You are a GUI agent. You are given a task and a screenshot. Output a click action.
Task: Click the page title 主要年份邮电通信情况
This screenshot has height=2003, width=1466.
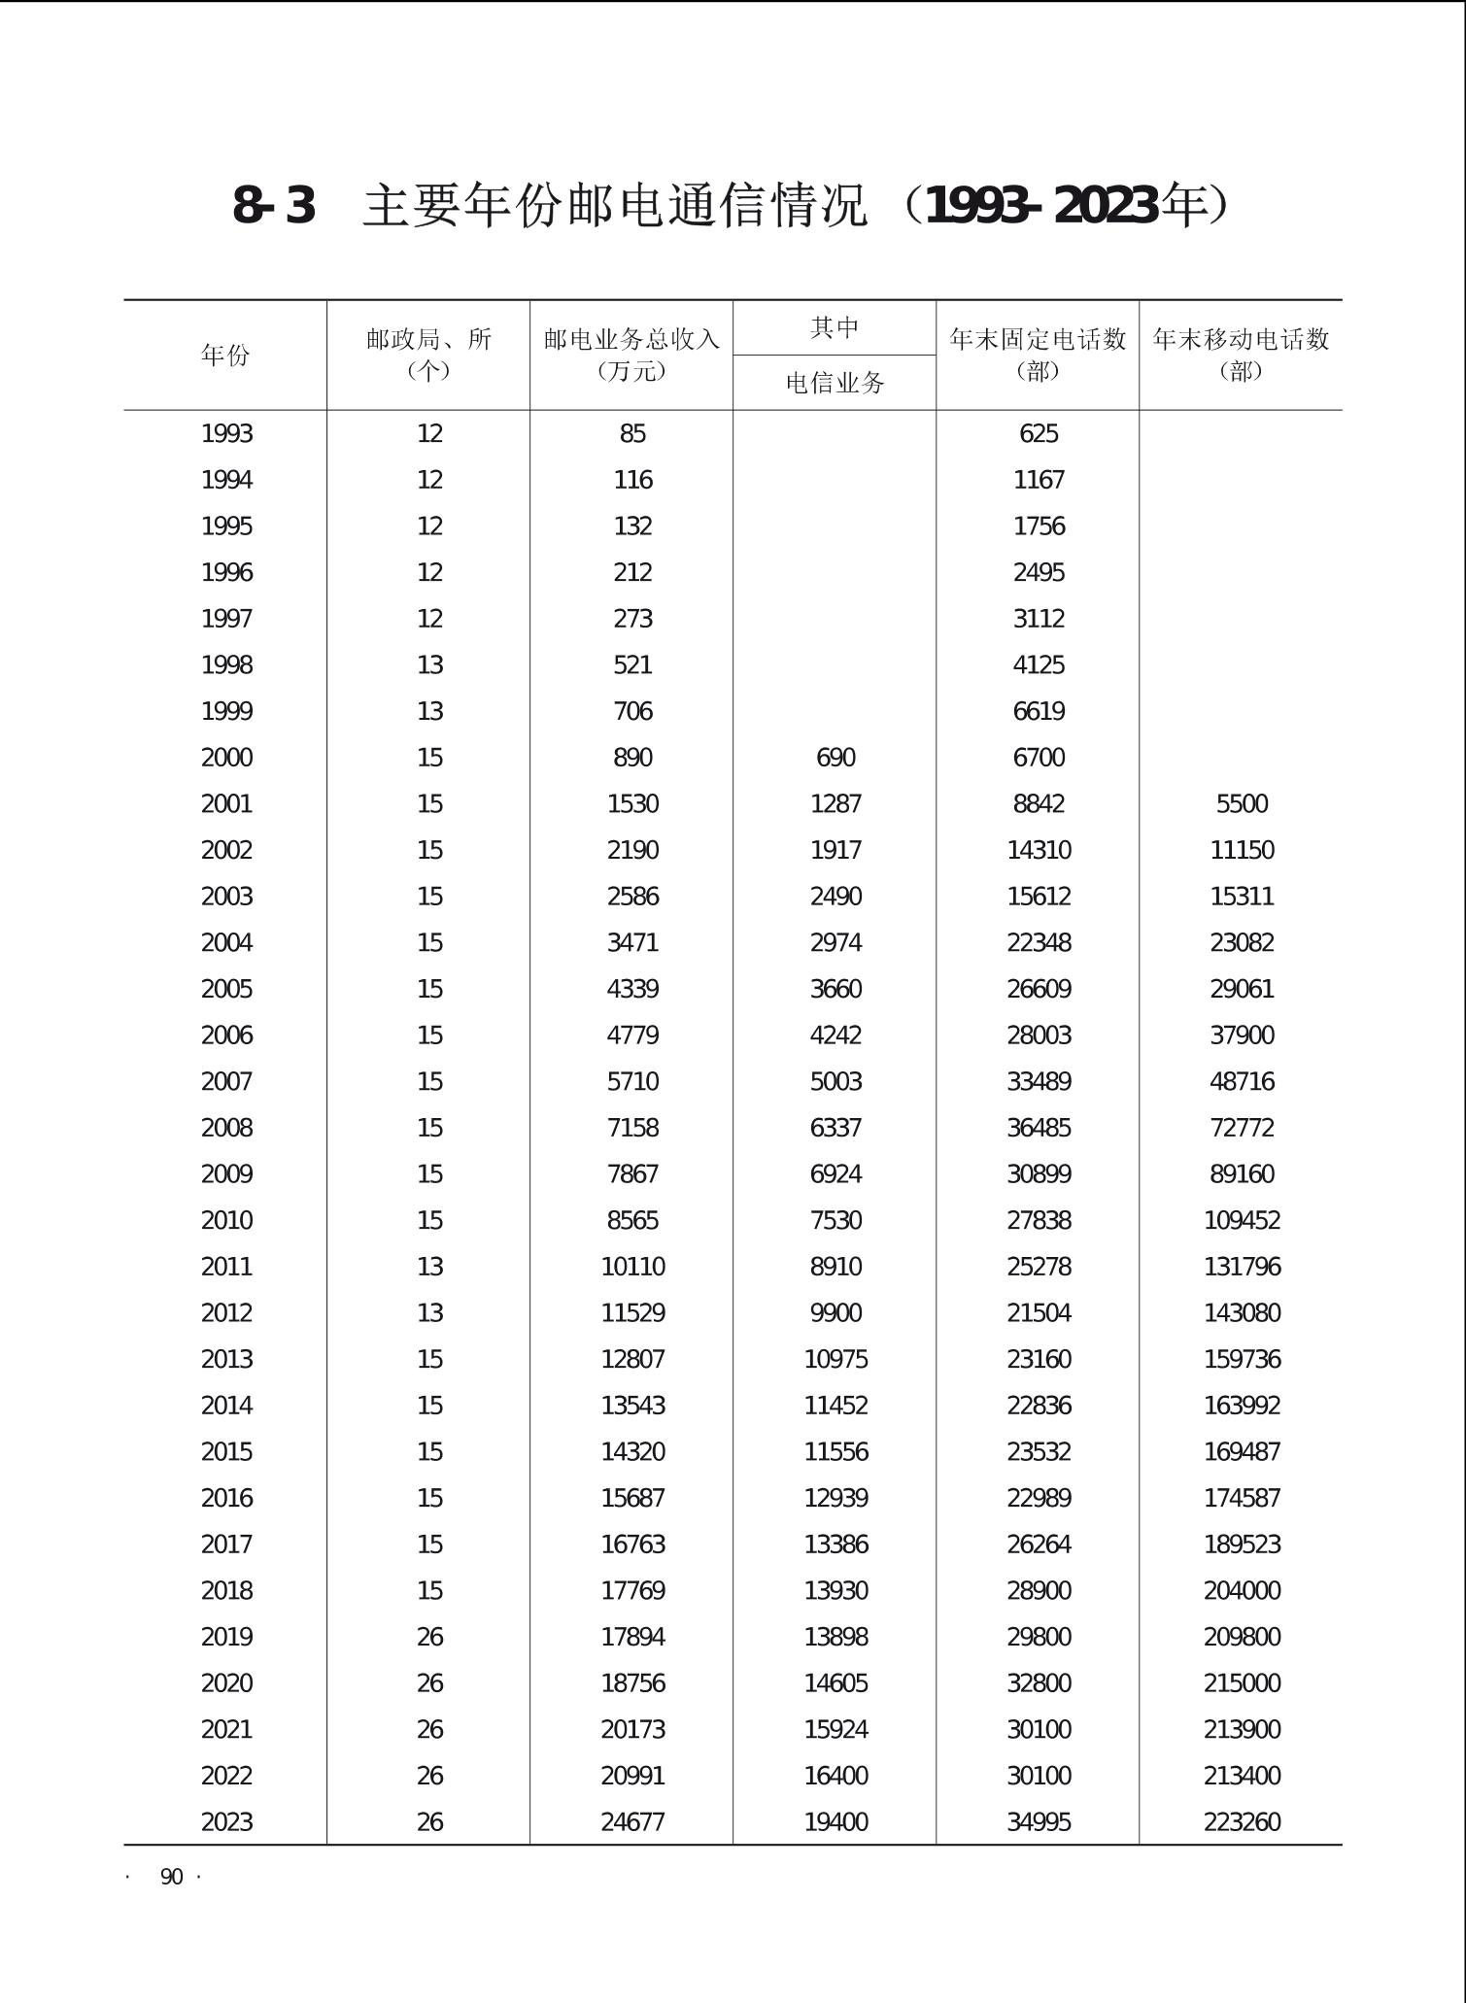614,206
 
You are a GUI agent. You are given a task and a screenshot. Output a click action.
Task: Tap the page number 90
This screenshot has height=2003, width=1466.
171,1877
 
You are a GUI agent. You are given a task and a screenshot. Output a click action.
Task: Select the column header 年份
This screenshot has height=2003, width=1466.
225,356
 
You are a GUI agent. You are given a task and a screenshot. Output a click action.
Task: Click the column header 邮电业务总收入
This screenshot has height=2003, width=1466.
631,340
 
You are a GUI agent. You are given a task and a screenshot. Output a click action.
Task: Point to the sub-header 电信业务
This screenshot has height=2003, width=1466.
835,384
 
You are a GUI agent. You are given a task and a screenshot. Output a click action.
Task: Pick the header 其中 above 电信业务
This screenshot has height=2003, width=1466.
835,328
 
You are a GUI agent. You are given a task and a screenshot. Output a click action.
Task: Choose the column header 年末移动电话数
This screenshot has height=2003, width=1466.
1241,340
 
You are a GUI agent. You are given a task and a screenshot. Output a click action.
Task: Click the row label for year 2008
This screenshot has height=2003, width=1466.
226,1128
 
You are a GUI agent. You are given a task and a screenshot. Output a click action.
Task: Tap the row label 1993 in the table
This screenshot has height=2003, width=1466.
226,433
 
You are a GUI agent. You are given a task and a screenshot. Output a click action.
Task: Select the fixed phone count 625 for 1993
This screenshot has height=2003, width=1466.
1039,433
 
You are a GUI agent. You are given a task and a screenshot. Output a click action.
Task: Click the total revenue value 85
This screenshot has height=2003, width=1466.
632,433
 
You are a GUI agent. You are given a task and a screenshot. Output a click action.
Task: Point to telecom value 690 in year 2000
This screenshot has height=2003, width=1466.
835,758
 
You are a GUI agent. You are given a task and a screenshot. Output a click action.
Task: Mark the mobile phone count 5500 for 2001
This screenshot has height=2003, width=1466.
1242,804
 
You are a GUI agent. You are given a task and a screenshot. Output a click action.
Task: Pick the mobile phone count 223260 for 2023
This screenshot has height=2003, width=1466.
1242,1822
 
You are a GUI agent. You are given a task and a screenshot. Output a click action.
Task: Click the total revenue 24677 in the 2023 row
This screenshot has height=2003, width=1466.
632,1822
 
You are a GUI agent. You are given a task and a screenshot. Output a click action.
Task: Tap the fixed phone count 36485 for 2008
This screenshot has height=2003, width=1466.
1039,1128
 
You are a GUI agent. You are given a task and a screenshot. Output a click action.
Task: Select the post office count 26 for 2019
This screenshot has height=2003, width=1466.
429,1637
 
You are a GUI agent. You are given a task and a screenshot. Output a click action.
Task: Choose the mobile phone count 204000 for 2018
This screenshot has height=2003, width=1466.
1242,1591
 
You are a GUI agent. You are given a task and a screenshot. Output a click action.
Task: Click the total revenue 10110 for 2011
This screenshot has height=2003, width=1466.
632,1267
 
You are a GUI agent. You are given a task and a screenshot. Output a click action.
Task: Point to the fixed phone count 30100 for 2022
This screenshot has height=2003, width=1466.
1039,1776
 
